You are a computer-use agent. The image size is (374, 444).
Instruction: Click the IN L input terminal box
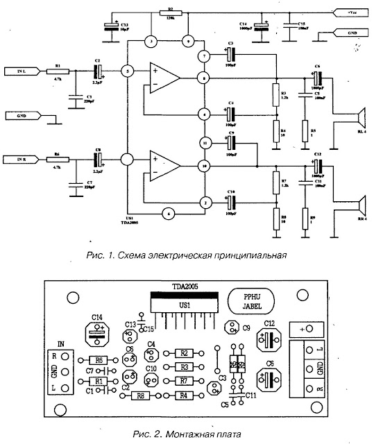(x=19, y=71)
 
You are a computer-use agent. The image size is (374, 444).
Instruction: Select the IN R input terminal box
(x=19, y=160)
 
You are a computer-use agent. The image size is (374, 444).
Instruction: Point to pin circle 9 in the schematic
(x=186, y=43)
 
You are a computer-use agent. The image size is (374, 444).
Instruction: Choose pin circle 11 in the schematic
(x=205, y=142)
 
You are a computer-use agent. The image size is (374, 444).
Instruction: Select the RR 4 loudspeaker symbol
(x=359, y=206)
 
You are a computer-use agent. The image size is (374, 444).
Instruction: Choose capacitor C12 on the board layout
(x=269, y=339)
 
